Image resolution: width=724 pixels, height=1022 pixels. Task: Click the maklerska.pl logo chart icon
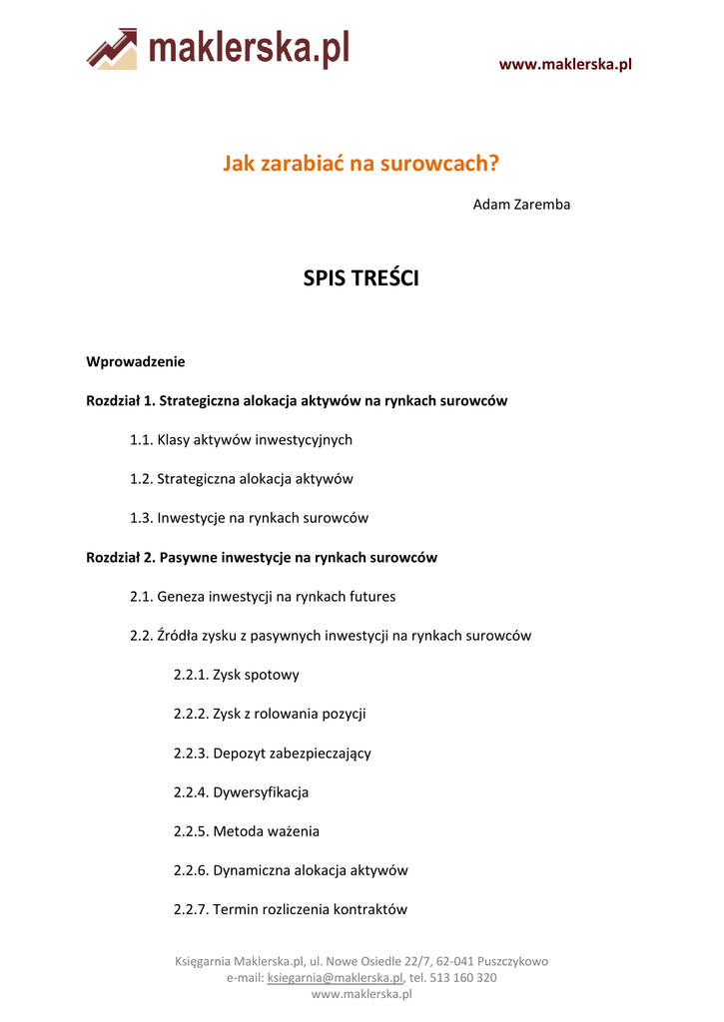112,48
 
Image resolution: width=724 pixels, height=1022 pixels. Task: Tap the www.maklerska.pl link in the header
565,65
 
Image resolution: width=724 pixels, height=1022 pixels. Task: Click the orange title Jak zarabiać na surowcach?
361,163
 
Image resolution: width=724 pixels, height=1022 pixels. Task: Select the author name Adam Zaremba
521,205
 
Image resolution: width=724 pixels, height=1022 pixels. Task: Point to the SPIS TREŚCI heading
361,278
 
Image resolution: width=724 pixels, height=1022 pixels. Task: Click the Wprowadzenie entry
136,361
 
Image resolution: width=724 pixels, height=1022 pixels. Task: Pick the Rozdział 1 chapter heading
297,400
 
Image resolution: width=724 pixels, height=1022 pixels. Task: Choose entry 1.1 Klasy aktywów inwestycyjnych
241,439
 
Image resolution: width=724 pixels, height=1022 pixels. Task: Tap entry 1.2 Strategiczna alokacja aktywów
241,479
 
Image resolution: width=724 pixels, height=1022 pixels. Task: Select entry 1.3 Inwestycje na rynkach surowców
249,518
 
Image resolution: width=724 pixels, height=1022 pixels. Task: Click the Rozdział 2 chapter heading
262,557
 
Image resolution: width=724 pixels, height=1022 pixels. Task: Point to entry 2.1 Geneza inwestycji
263,597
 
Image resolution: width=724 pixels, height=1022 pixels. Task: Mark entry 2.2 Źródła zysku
331,636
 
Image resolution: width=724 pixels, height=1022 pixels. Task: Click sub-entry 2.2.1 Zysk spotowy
236,675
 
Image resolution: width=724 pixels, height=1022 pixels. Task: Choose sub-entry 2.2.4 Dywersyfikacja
241,792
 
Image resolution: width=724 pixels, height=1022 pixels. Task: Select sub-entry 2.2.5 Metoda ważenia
246,831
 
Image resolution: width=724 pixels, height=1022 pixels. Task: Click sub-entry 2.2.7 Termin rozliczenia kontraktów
290,910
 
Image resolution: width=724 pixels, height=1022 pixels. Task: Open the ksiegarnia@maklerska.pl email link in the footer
335,978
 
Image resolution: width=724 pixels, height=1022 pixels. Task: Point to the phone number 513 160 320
463,978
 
